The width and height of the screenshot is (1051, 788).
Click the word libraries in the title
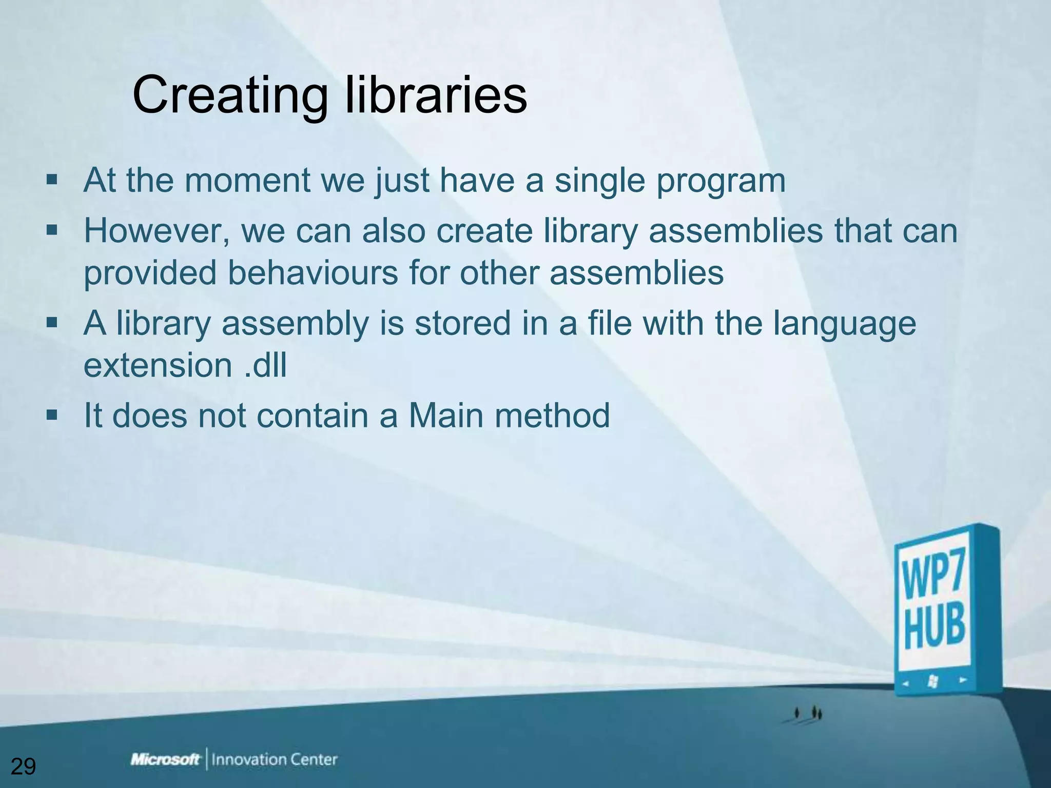click(x=436, y=95)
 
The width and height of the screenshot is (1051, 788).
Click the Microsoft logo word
click(x=165, y=759)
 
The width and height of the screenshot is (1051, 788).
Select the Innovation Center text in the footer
click(x=275, y=759)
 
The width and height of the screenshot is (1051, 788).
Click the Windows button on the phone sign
click(x=932, y=681)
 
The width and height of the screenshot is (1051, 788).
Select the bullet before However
click(x=52, y=230)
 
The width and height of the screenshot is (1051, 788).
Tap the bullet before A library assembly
click(x=52, y=323)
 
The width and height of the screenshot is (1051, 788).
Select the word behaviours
click(x=313, y=272)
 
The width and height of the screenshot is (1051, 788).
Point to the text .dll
click(x=265, y=365)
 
